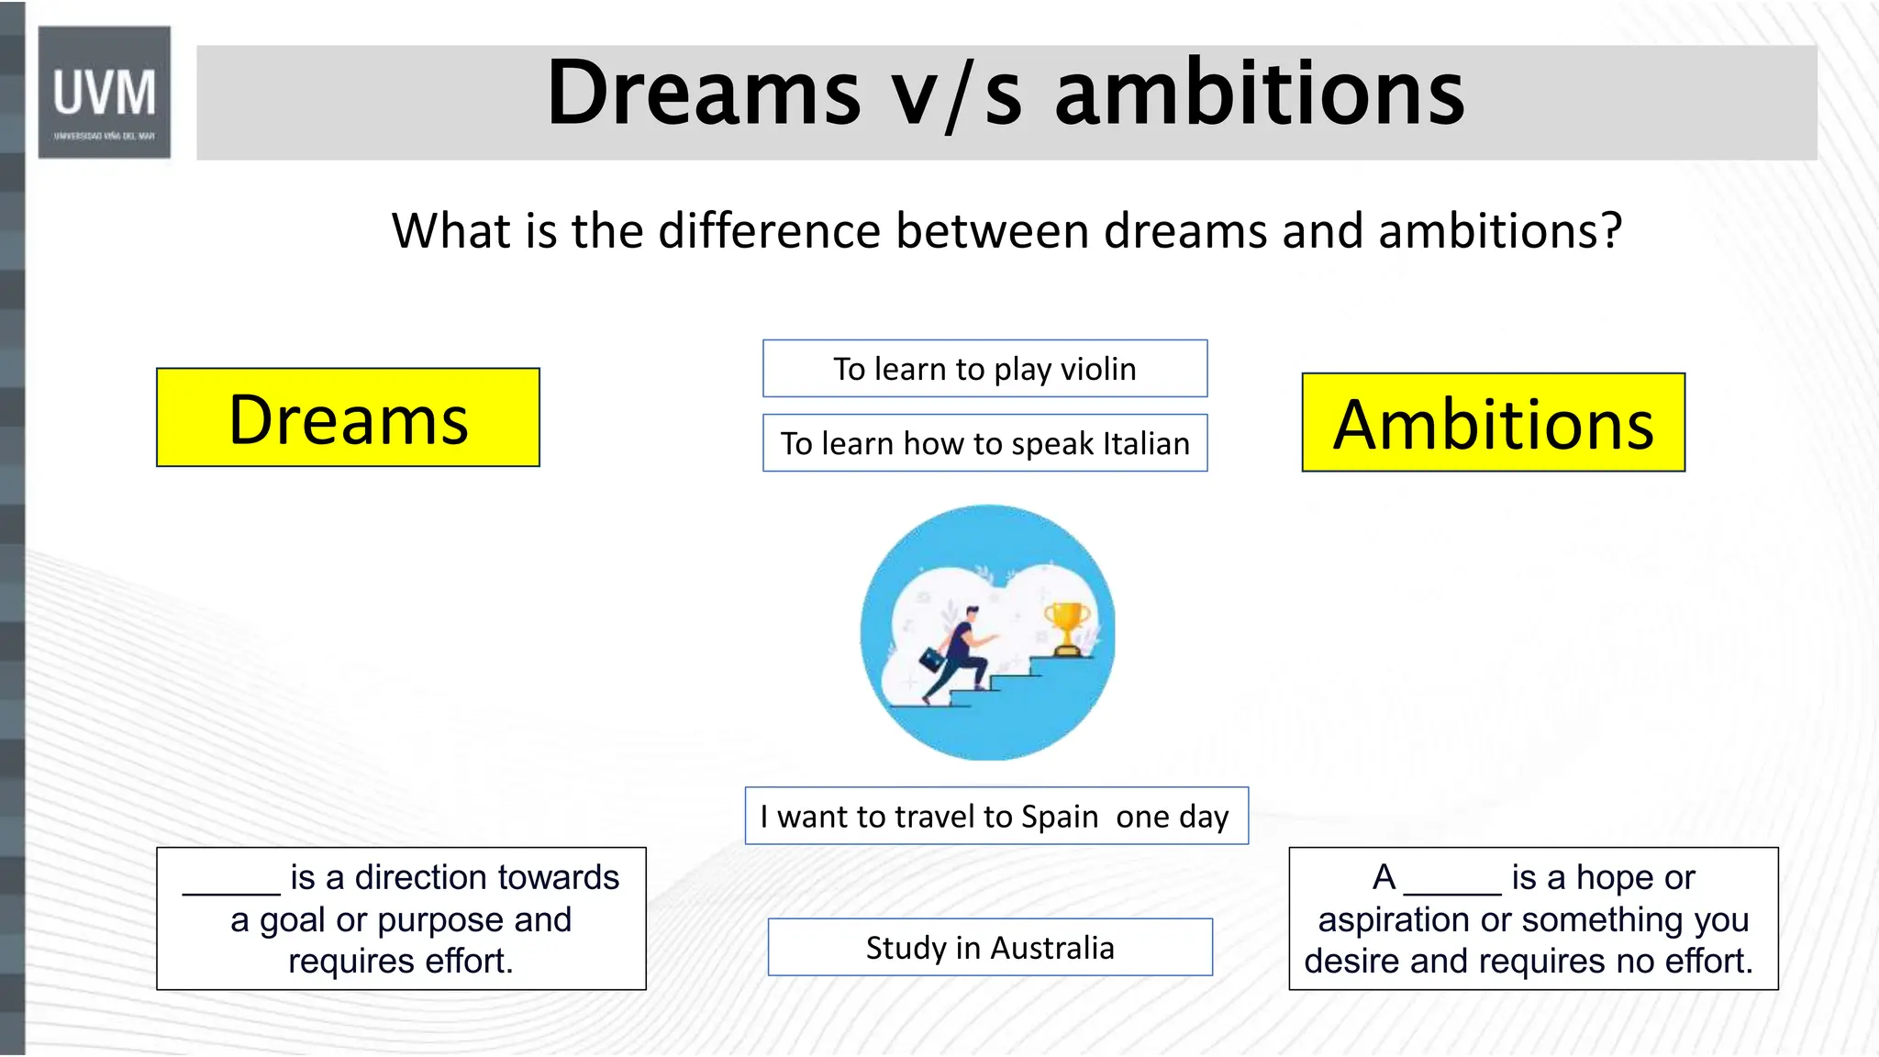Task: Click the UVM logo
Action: point(104,93)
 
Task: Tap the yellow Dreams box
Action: point(348,418)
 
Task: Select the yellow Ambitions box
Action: point(1493,423)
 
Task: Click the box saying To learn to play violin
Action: point(984,369)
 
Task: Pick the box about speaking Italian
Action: point(984,443)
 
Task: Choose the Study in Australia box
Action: point(990,947)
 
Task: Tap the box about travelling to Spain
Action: point(996,816)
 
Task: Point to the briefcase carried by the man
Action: point(932,659)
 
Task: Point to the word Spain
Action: point(1060,816)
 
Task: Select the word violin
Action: point(1098,369)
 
